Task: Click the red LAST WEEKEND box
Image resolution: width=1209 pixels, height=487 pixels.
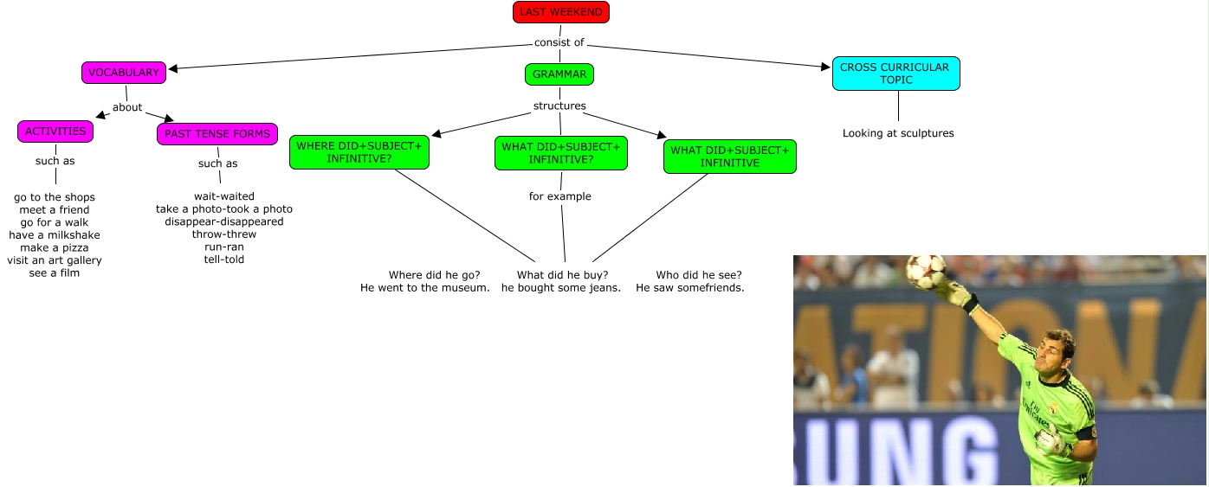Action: click(561, 12)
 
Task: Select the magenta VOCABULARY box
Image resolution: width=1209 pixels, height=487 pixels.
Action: click(124, 73)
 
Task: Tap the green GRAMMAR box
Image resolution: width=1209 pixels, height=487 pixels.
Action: click(559, 74)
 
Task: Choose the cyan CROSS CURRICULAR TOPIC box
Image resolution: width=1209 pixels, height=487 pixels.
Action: click(895, 74)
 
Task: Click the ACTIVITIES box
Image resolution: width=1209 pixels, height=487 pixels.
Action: click(55, 131)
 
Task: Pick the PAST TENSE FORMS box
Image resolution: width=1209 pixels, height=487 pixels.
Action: click(217, 134)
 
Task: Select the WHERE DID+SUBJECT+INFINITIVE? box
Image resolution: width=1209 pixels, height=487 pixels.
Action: click(359, 152)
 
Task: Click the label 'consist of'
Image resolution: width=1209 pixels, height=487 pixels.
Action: click(559, 42)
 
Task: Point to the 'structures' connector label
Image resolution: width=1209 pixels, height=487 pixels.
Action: click(559, 106)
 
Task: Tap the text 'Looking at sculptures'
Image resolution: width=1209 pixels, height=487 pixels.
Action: click(898, 133)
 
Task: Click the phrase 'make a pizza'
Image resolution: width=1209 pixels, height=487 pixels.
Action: click(55, 248)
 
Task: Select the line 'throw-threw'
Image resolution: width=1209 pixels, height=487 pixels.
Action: click(224, 234)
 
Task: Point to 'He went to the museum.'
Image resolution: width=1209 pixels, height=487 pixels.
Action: click(425, 288)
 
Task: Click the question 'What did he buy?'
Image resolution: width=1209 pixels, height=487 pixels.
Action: click(562, 275)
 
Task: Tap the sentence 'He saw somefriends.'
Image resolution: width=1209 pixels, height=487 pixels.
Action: click(690, 288)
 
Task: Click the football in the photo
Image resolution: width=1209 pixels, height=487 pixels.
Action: click(925, 271)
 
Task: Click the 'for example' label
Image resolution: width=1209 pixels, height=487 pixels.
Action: click(560, 196)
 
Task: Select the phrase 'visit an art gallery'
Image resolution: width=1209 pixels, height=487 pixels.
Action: click(55, 260)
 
